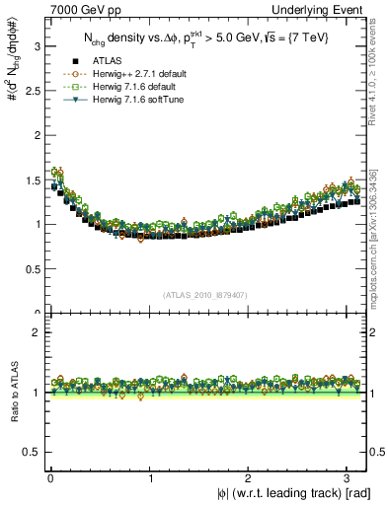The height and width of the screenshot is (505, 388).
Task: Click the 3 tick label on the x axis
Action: click(351, 477)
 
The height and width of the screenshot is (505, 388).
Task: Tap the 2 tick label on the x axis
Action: click(251, 477)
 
